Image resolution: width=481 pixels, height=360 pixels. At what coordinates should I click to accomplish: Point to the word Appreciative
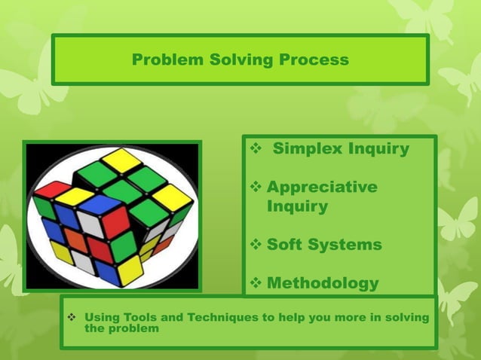point(322,187)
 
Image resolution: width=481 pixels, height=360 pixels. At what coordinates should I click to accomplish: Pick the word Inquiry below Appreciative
point(297,206)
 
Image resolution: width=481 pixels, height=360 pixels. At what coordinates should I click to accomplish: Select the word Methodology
point(323,283)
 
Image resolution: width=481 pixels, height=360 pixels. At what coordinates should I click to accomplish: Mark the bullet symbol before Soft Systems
point(256,246)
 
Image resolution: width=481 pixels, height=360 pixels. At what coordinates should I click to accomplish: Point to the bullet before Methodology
point(256,284)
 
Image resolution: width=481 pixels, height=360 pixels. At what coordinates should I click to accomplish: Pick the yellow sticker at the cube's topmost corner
point(121,159)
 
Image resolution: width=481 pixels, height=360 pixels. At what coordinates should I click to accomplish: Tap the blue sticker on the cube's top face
point(99,204)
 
